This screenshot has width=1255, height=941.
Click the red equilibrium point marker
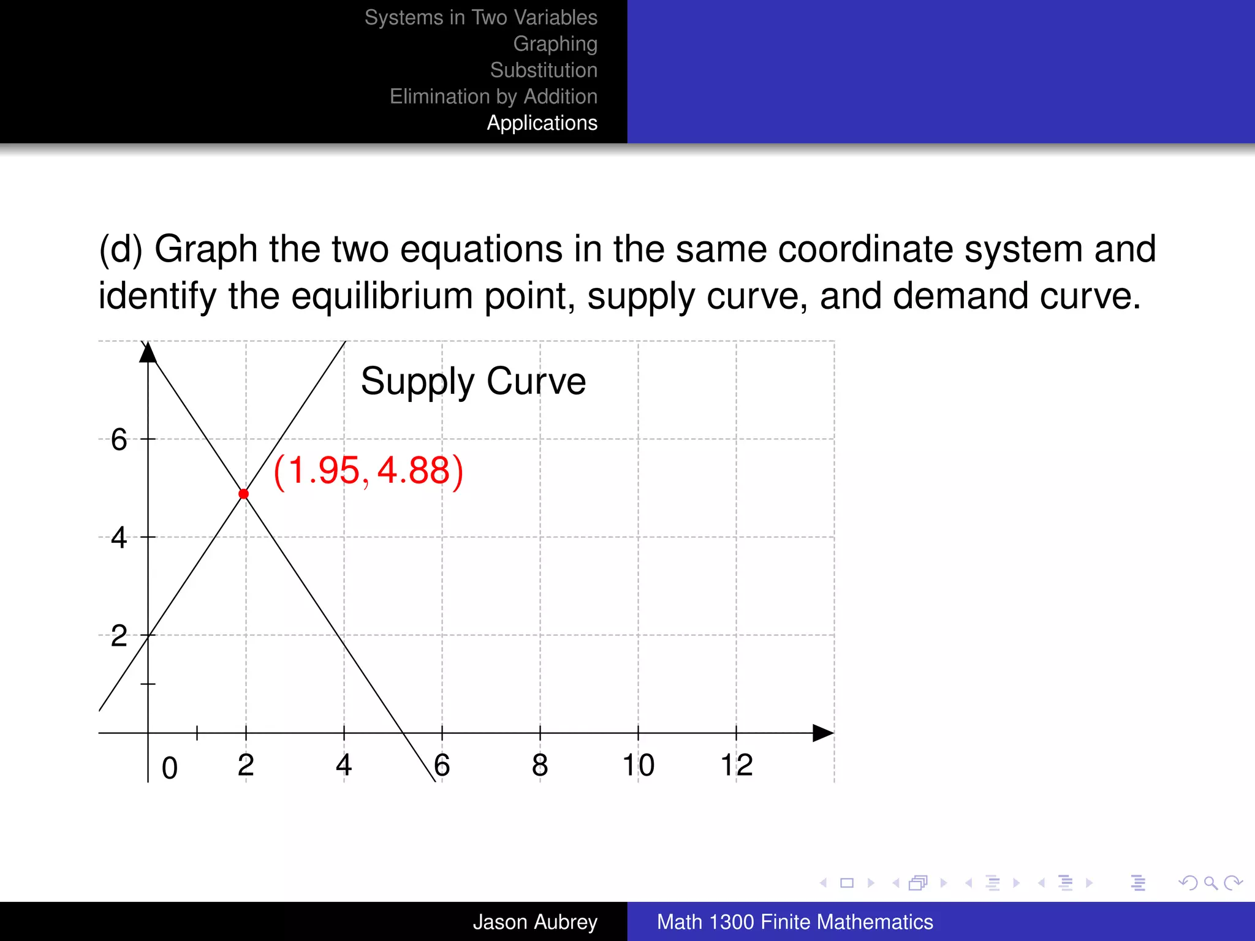(244, 494)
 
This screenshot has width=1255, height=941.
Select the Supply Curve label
(473, 381)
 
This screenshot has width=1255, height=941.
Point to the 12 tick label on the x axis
(736, 765)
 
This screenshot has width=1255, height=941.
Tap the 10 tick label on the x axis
(638, 765)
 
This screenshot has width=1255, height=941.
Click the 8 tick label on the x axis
(540, 765)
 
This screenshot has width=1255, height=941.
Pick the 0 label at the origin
(170, 768)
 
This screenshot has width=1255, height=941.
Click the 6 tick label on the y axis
(119, 440)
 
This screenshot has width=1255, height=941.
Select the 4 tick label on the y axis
(119, 538)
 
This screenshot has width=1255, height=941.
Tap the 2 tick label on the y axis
(119, 636)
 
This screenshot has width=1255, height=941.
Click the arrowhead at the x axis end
(822, 733)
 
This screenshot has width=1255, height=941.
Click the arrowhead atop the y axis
(148, 353)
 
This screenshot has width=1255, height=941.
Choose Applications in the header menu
(542, 123)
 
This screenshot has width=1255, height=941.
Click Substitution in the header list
(544, 70)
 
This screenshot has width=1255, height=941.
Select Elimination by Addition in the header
(493, 97)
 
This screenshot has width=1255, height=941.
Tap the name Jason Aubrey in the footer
(534, 922)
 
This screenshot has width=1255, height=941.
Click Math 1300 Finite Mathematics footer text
(795, 922)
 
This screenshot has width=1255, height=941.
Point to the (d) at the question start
(121, 250)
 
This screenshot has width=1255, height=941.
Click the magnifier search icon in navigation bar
(1210, 883)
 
